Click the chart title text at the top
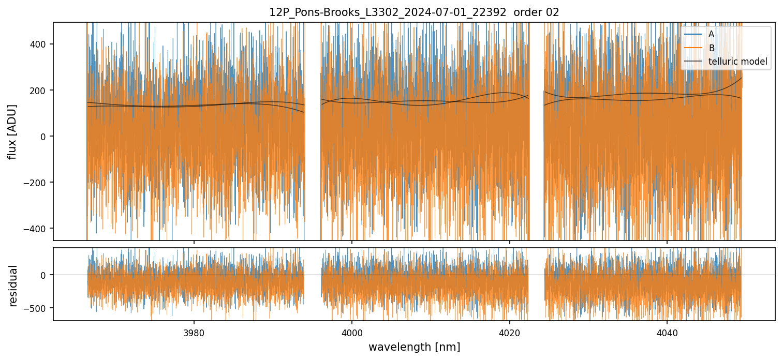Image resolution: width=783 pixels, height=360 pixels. point(414,12)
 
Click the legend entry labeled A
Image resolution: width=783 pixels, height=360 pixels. point(711,35)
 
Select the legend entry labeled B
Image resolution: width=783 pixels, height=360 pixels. point(711,48)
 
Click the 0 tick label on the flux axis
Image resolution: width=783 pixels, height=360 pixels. point(45,137)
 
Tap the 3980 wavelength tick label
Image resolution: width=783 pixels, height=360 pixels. point(194,333)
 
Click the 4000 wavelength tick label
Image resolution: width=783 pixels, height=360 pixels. point(352,333)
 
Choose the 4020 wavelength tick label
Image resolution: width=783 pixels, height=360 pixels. point(509,333)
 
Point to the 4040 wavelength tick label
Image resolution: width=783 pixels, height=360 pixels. point(667,333)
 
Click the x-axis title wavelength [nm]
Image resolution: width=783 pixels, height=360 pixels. point(414,347)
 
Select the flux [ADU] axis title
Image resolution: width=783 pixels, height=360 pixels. point(12,131)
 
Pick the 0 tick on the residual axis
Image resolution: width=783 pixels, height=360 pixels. point(45,275)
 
